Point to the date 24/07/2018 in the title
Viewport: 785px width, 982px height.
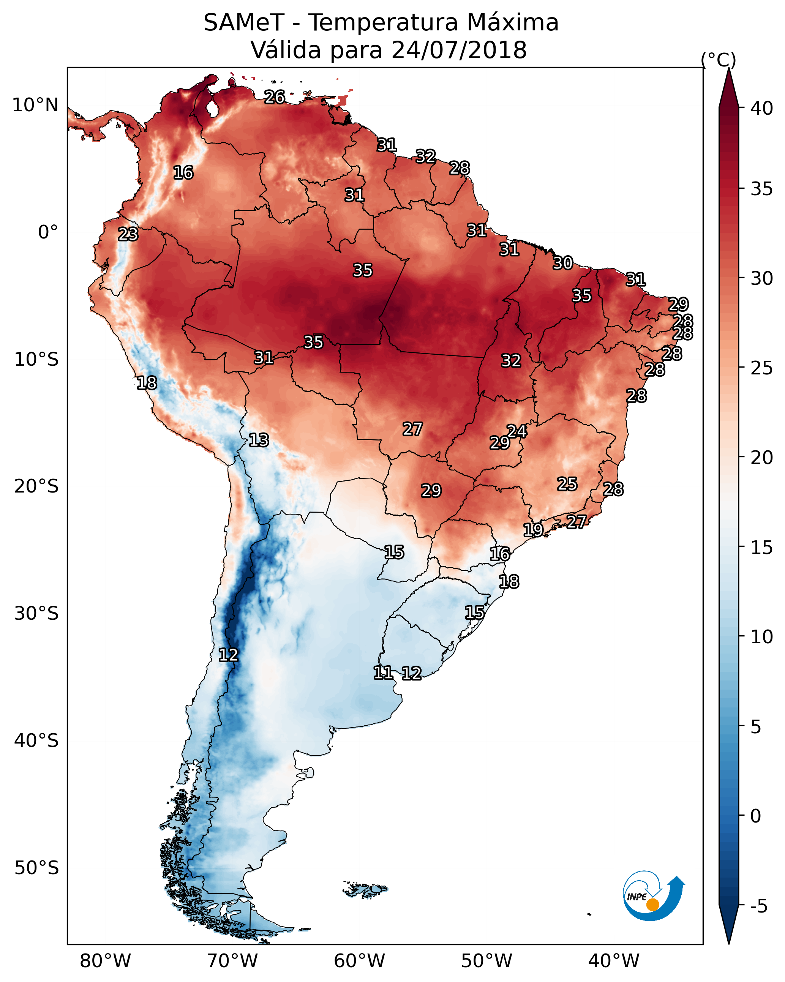pyautogui.click(x=459, y=50)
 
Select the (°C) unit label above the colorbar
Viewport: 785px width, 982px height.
pyautogui.click(x=719, y=60)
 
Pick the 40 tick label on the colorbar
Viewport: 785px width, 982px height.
pyautogui.click(x=762, y=108)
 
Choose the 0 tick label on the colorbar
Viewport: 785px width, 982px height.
pyautogui.click(x=756, y=816)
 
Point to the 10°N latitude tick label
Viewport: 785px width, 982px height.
pyautogui.click(x=35, y=105)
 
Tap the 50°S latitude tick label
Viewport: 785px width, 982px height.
pyautogui.click(x=36, y=868)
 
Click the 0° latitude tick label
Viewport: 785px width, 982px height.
pyautogui.click(x=48, y=232)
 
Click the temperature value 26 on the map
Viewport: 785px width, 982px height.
pyautogui.click(x=275, y=97)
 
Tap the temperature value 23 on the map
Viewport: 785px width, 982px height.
pyautogui.click(x=128, y=234)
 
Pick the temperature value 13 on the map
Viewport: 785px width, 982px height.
pyautogui.click(x=259, y=440)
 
